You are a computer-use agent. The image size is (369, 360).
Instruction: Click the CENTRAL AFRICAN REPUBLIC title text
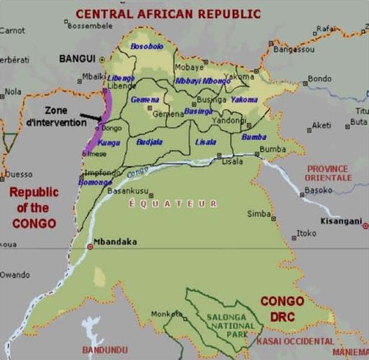click(168, 13)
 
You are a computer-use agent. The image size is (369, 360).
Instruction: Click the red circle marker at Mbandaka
click(90, 246)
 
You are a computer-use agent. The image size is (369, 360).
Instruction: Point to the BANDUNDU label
click(104, 350)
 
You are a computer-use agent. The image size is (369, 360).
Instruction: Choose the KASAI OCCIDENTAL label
click(296, 341)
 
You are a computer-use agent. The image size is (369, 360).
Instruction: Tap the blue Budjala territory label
click(150, 142)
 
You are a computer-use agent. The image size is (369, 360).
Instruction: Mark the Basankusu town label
click(126, 190)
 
